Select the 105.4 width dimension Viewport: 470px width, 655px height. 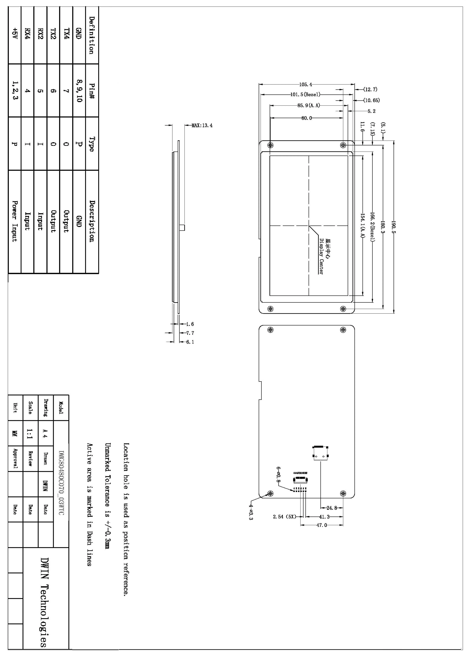coord(306,85)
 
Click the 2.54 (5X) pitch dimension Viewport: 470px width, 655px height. coord(285,517)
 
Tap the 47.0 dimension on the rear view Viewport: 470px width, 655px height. coord(322,525)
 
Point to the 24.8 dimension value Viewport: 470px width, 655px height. coord(332,508)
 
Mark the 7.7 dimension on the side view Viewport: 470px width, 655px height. coord(190,333)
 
